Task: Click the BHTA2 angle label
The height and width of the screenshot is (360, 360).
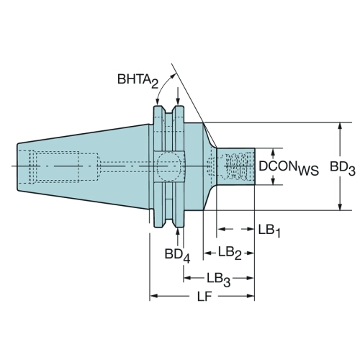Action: pyautogui.click(x=138, y=81)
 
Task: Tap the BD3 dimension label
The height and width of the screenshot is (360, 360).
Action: pyautogui.click(x=343, y=168)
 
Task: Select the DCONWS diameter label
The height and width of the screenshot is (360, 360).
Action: pyautogui.click(x=289, y=167)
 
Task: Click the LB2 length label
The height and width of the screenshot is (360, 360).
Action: pyautogui.click(x=230, y=253)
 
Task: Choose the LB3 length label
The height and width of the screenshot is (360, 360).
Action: pyautogui.click(x=219, y=279)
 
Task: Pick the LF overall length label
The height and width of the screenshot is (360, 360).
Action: pyautogui.click(x=204, y=297)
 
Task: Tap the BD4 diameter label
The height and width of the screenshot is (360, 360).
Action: pyautogui.click(x=177, y=256)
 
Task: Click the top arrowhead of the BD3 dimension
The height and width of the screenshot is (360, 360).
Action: pyautogui.click(x=340, y=126)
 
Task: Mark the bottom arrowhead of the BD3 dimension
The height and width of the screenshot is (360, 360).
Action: pyautogui.click(x=340, y=207)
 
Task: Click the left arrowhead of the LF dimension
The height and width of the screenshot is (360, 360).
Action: pyautogui.click(x=153, y=296)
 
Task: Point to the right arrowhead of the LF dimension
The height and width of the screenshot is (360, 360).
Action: pyautogui.click(x=251, y=296)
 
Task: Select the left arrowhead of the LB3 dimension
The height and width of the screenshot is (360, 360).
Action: pyautogui.click(x=187, y=278)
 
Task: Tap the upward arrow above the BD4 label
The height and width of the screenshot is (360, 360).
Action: pyautogui.click(x=178, y=237)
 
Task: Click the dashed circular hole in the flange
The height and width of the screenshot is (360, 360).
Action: pyautogui.click(x=168, y=166)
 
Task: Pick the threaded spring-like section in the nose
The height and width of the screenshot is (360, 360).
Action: pyautogui.click(x=235, y=166)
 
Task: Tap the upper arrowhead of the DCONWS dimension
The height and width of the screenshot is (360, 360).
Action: pyautogui.click(x=273, y=152)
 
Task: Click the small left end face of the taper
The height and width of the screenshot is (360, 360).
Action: pyautogui.click(x=18, y=167)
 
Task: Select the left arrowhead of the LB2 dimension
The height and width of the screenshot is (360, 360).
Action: pyautogui.click(x=207, y=253)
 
